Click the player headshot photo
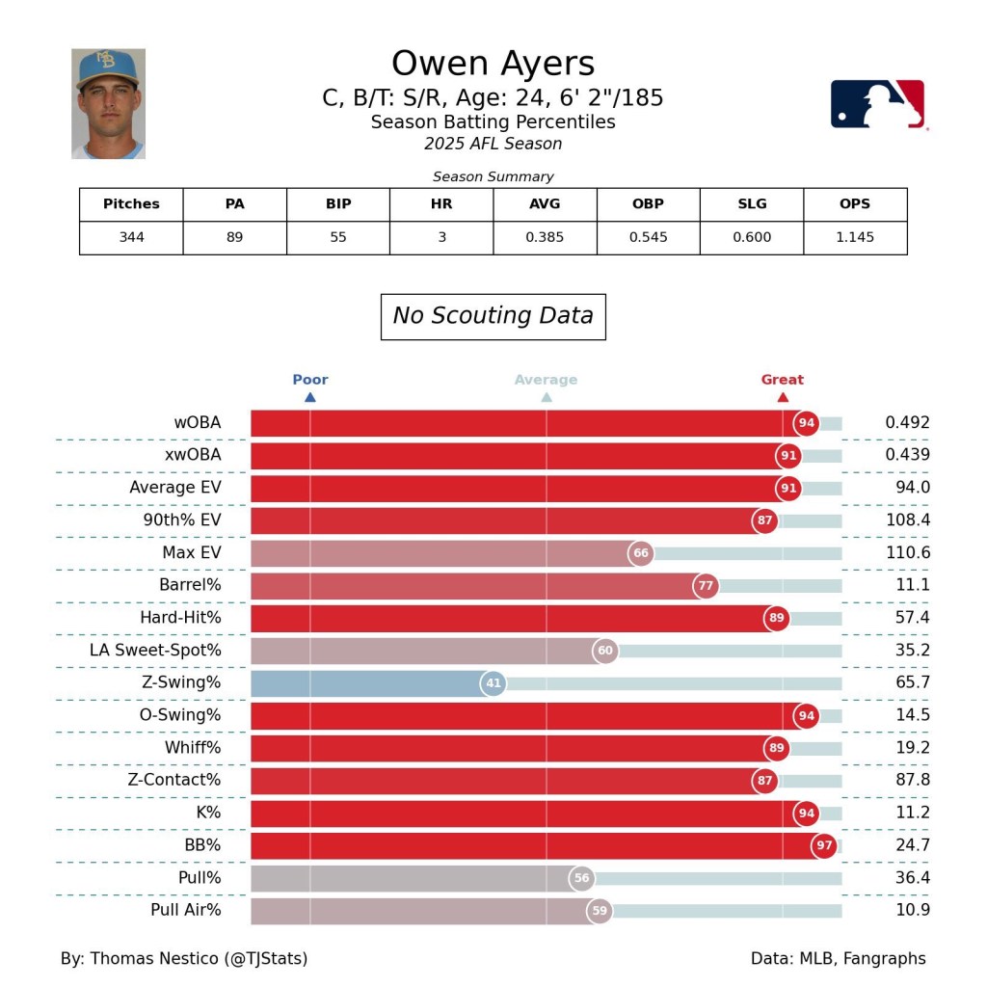(x=108, y=103)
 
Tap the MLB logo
(x=877, y=104)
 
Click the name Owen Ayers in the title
(x=493, y=64)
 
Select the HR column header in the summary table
(x=441, y=204)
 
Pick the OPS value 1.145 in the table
(x=854, y=237)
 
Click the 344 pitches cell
(x=131, y=237)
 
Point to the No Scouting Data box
(x=493, y=316)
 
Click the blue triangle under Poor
(x=310, y=397)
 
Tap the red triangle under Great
(x=783, y=397)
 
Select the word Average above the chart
(x=546, y=380)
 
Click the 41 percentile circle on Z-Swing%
(x=493, y=684)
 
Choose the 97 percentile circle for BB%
(x=823, y=846)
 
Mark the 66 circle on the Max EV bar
(x=641, y=553)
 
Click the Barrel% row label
(x=190, y=585)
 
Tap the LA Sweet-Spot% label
(x=155, y=651)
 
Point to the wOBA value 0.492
(x=907, y=422)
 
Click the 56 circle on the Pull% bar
(x=581, y=878)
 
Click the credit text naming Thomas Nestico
(x=184, y=958)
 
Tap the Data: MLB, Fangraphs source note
(x=838, y=958)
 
